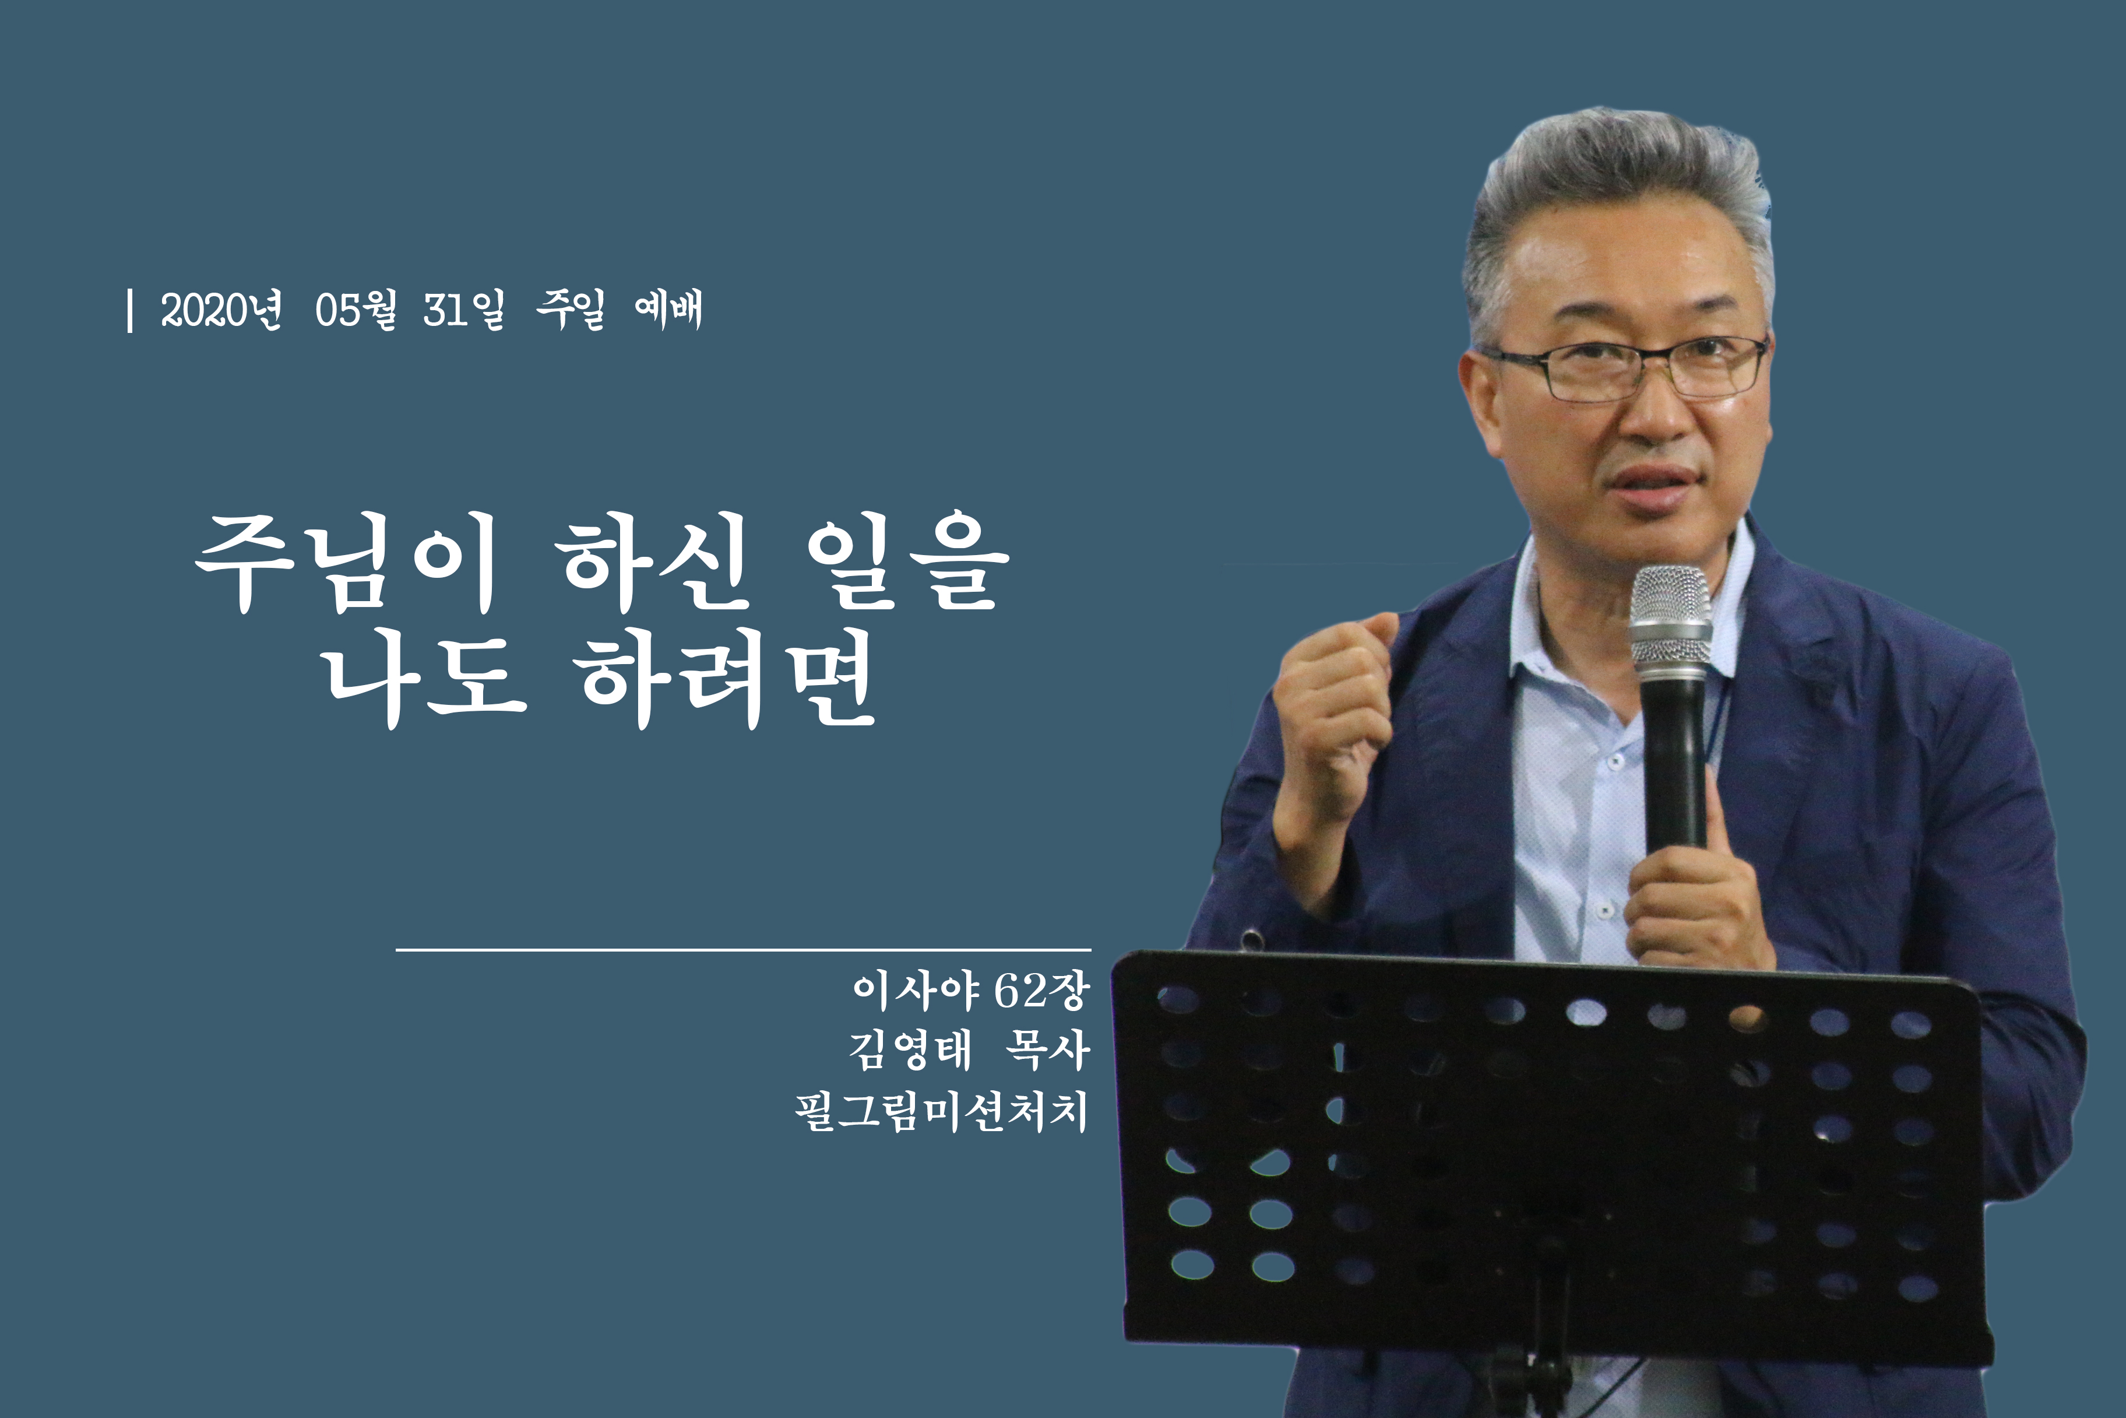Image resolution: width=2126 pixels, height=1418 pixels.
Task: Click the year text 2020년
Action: (x=220, y=310)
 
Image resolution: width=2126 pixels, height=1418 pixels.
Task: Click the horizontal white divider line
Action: (x=743, y=950)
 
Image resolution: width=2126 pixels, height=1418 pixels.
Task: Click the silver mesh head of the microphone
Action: (x=1670, y=619)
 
